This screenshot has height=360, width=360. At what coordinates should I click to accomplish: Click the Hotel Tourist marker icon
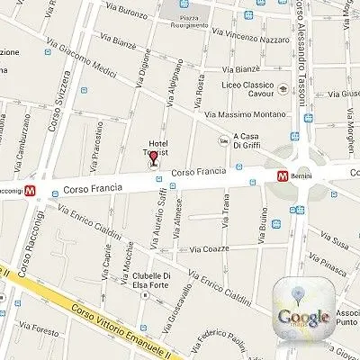(154, 161)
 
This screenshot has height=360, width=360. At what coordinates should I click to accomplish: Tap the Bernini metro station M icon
(282, 176)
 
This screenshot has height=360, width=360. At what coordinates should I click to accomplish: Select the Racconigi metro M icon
(31, 191)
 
